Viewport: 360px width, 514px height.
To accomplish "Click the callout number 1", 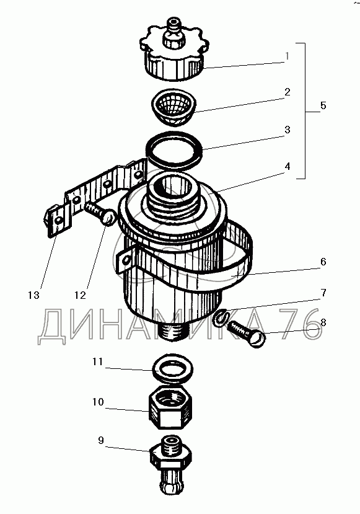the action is (288, 56).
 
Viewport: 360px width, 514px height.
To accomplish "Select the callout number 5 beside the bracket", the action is (323, 105).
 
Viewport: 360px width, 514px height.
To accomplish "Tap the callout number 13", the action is (33, 295).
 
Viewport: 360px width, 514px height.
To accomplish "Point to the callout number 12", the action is (80, 295).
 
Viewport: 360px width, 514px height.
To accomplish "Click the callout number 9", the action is (101, 440).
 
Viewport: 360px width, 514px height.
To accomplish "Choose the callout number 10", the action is (98, 402).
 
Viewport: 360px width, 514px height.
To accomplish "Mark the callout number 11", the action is (98, 361).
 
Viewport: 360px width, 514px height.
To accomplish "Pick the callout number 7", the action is (323, 293).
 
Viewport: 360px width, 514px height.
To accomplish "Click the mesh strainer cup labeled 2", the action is (174, 107).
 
